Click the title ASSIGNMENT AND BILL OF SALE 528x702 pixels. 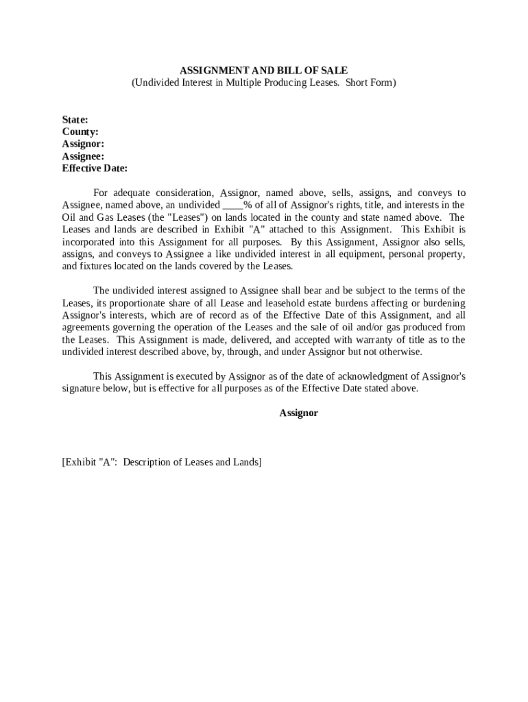point(263,70)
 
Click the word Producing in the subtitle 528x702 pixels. point(291,82)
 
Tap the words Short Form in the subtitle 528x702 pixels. point(370,82)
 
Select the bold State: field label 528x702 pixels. point(75,119)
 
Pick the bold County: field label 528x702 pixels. point(80,132)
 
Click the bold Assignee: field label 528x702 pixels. point(83,156)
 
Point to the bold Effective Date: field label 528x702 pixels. point(95,169)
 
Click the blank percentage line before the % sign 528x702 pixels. point(232,205)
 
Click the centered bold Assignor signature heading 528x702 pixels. point(298,413)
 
